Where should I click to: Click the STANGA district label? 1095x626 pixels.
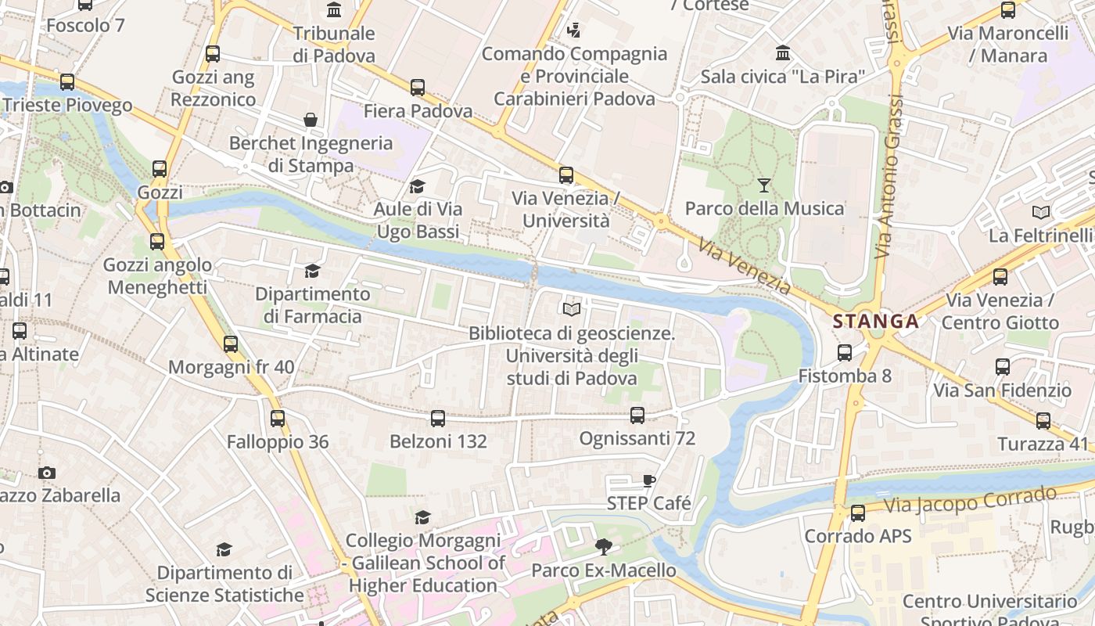[875, 321]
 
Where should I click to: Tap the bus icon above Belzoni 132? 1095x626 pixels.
[438, 419]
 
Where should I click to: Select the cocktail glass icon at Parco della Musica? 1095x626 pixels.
[764, 185]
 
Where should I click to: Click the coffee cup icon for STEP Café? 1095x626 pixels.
[648, 480]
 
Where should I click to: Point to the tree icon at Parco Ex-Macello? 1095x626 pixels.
[603, 547]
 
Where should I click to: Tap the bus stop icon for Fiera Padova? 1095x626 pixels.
[418, 88]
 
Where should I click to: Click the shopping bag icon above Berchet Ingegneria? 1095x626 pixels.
[311, 120]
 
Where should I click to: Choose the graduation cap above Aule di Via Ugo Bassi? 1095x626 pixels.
[418, 186]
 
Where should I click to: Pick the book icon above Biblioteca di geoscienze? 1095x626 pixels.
[572, 310]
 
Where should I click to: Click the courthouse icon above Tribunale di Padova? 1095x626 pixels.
[335, 10]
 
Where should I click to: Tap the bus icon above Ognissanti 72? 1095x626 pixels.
[637, 416]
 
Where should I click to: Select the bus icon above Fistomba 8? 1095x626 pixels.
[845, 353]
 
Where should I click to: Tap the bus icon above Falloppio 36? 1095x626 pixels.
[278, 419]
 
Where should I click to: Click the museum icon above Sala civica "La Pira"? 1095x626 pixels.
[783, 54]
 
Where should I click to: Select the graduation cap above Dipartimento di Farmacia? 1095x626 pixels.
[312, 272]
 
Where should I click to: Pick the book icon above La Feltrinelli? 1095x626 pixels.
[1040, 212]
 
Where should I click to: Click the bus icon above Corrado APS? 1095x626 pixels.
[858, 513]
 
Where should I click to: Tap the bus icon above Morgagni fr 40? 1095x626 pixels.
[231, 344]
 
